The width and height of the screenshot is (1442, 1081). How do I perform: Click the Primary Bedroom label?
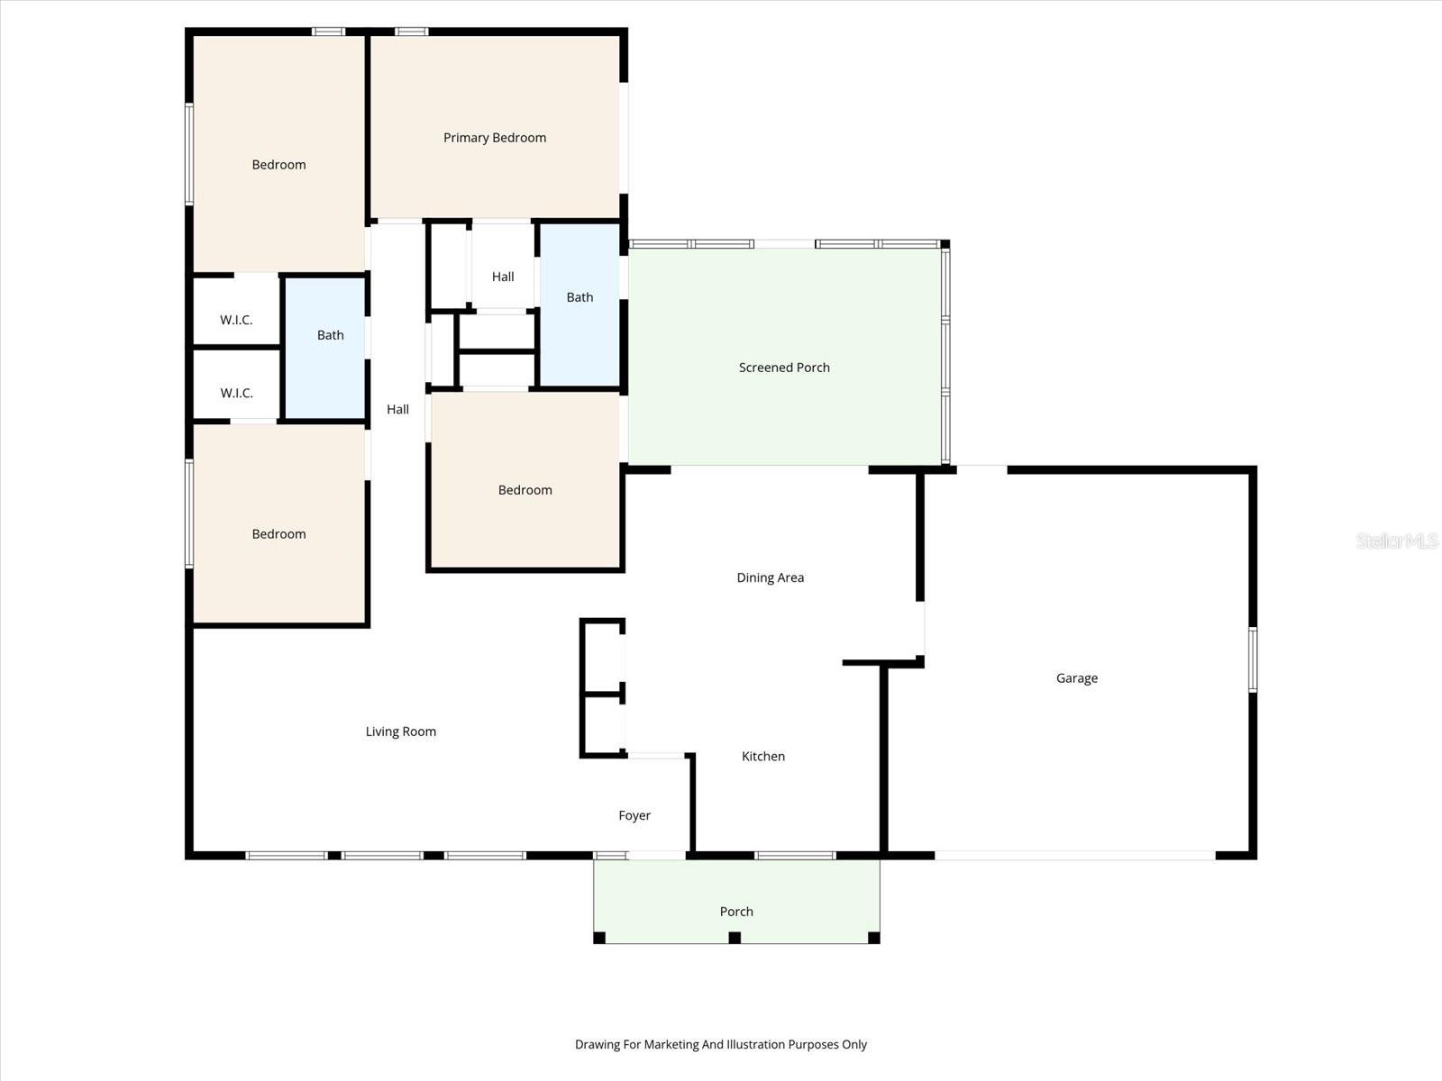click(x=494, y=138)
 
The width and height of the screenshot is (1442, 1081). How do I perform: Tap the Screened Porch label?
click(x=784, y=368)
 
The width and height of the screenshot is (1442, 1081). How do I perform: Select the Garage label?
click(x=1077, y=678)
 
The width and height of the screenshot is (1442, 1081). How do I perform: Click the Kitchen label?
click(x=763, y=757)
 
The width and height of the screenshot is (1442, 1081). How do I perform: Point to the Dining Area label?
click(x=770, y=577)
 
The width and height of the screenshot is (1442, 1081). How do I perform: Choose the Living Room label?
click(x=400, y=731)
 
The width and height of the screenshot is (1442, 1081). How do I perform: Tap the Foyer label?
click(x=634, y=815)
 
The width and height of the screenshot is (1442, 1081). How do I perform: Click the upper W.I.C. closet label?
click(x=236, y=320)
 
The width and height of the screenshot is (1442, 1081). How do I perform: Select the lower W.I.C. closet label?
click(x=236, y=393)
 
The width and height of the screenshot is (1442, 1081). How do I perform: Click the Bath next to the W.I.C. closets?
click(x=330, y=335)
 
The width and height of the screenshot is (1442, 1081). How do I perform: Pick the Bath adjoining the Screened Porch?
click(x=580, y=297)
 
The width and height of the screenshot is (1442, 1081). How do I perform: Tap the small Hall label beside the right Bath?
click(x=503, y=277)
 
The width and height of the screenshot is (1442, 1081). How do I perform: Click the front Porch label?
click(x=736, y=912)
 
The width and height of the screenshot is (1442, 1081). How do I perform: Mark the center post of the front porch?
click(x=735, y=938)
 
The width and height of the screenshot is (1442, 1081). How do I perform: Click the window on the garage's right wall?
click(x=1253, y=659)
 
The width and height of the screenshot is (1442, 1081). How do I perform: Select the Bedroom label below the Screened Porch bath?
click(x=525, y=490)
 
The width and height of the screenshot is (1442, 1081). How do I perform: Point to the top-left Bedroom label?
click(x=278, y=165)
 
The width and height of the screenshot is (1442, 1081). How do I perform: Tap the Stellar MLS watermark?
click(x=1397, y=540)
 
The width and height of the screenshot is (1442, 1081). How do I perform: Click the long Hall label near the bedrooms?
click(x=397, y=409)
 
